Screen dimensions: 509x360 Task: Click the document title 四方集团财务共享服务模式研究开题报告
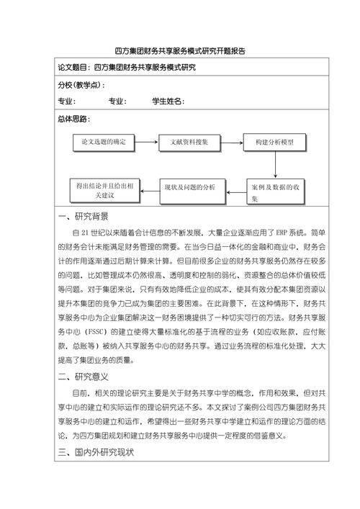(180, 51)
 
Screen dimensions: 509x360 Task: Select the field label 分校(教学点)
(78, 85)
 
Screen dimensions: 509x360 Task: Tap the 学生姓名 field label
(167, 102)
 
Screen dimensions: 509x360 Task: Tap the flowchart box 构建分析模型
(275, 142)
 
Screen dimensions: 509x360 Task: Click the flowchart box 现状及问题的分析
(189, 187)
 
